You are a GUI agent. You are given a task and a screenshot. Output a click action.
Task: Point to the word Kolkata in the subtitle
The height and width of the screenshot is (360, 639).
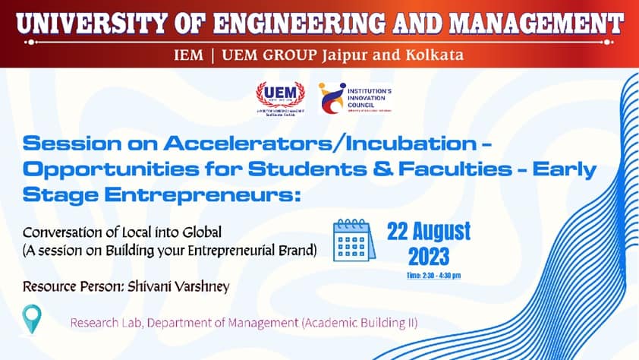(x=436, y=55)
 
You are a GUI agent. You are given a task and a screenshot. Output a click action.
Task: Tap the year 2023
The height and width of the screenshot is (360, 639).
(x=429, y=255)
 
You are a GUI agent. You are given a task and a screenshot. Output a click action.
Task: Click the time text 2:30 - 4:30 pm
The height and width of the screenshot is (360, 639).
(x=434, y=275)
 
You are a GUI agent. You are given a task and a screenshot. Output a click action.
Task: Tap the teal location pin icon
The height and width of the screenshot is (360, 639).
(x=31, y=318)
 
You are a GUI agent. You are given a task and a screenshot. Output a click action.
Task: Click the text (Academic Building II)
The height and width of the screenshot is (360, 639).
(x=360, y=323)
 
